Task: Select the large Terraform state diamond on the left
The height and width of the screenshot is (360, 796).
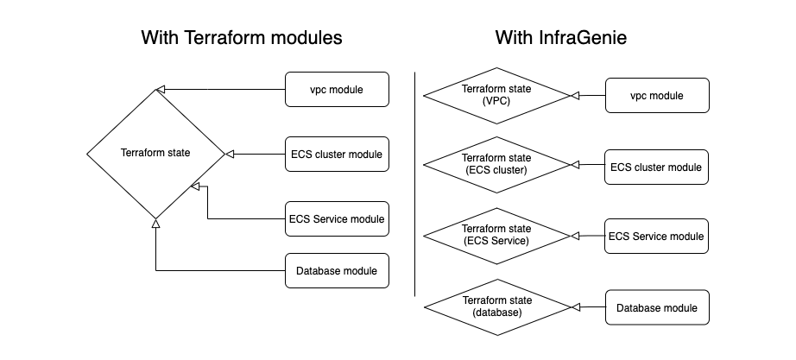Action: (x=155, y=154)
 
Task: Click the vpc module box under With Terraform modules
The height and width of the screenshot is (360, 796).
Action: (x=337, y=89)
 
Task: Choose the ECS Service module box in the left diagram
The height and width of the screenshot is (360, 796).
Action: (x=337, y=218)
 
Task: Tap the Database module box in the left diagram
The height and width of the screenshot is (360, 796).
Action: (x=337, y=271)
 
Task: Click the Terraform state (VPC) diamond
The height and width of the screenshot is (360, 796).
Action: (x=496, y=95)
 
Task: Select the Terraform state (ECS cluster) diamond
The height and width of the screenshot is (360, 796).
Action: (x=496, y=165)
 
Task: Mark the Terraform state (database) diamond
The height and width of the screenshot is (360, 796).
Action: (x=496, y=306)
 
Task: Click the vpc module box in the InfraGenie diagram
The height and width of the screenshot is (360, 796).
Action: (x=657, y=95)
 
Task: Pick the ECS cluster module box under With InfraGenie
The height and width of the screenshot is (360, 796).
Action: (x=657, y=167)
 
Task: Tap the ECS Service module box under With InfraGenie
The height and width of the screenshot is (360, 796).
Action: (x=657, y=236)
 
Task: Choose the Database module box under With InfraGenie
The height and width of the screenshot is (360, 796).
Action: (x=657, y=307)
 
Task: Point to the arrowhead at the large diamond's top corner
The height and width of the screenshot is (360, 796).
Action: (x=160, y=89)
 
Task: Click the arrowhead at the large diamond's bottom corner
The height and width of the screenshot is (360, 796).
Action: (x=155, y=223)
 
